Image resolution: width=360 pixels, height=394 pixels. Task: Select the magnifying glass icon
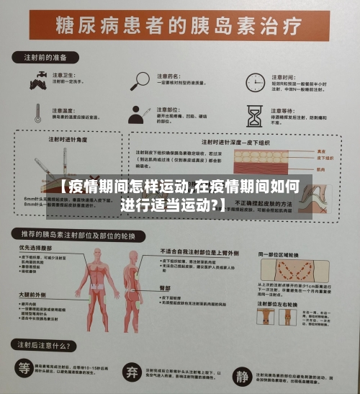coord(140,80)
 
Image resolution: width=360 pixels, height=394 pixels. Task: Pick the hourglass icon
coord(253,115)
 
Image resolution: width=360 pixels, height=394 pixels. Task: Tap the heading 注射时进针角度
coord(70,140)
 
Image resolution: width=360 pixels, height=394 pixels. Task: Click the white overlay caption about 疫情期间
coord(179,195)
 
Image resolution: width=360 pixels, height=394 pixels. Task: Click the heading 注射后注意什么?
coord(48,345)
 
